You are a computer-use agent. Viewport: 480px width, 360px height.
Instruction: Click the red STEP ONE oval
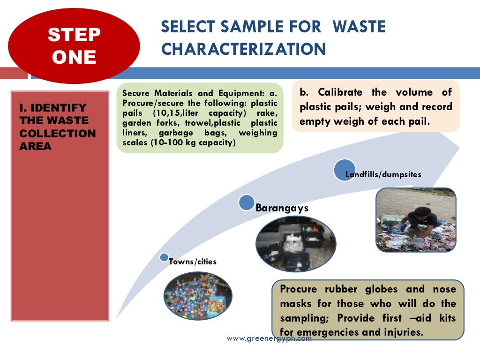click(x=74, y=45)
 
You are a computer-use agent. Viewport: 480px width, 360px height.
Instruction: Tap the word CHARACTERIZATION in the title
click(x=243, y=49)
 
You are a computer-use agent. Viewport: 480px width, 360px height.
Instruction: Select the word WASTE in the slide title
click(x=359, y=27)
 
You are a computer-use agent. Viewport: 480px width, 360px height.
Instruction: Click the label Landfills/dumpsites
click(x=383, y=174)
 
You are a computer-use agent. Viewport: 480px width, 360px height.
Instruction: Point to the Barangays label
click(x=282, y=208)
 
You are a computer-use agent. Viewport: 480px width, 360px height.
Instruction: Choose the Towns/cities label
click(x=193, y=262)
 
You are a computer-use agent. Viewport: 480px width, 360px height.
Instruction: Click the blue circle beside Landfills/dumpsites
click(x=345, y=170)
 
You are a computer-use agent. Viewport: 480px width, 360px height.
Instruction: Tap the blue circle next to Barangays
click(x=247, y=202)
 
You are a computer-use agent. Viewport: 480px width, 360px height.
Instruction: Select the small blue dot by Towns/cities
click(x=164, y=257)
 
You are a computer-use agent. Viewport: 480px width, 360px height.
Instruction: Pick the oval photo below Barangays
click(x=295, y=244)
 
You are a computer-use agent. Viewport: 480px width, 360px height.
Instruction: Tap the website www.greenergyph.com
click(x=269, y=338)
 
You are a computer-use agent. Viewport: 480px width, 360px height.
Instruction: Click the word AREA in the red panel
click(x=36, y=146)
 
